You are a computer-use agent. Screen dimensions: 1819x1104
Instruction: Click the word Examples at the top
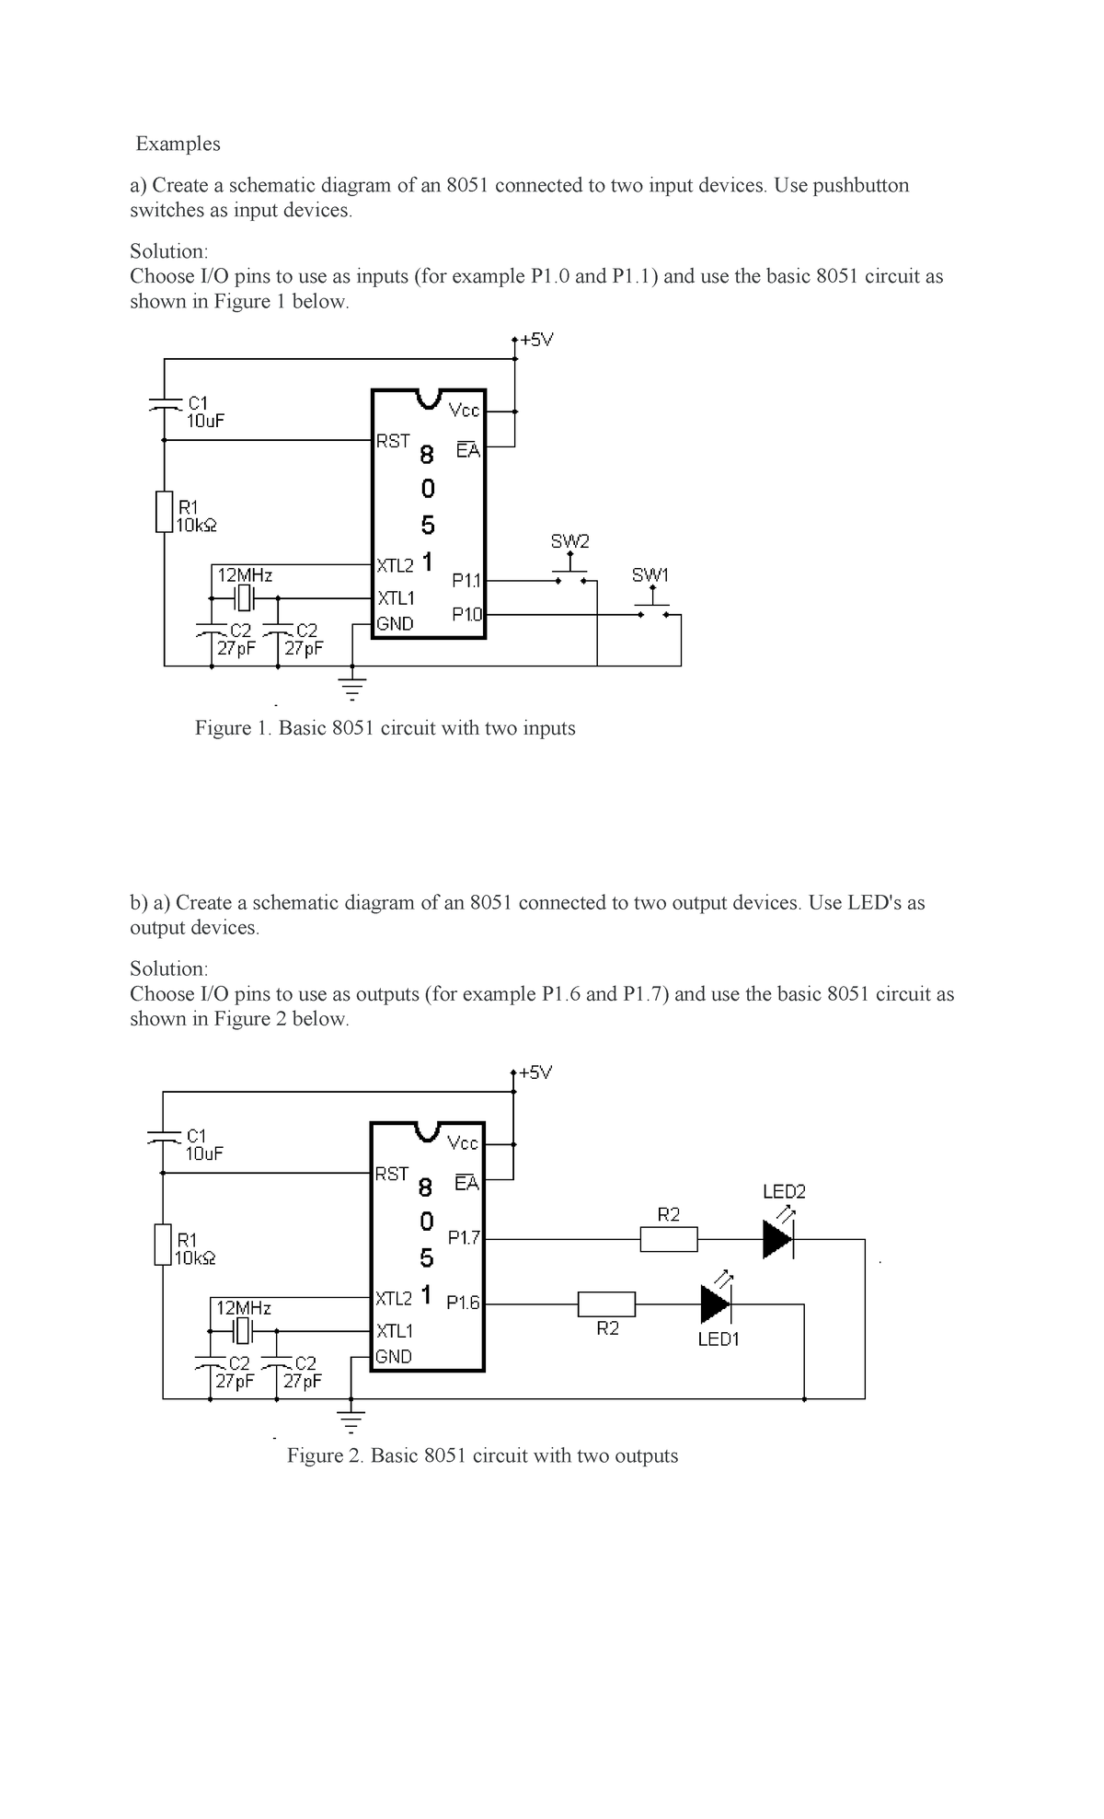178,144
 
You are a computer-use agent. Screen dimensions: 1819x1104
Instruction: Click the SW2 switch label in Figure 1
569,540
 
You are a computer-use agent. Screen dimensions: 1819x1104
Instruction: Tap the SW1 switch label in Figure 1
650,575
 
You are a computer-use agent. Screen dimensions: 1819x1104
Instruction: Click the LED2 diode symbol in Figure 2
777,1238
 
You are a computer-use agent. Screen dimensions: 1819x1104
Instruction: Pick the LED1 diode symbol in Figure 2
715,1304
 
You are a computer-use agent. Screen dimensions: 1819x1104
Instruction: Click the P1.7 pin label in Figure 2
465,1238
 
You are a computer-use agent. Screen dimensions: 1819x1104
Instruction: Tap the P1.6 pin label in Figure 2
464,1303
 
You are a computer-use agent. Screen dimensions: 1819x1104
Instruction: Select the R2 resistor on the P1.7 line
669,1239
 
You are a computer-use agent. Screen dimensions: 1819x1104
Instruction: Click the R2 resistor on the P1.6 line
606,1304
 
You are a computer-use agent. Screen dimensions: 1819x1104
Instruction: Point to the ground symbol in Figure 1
351,686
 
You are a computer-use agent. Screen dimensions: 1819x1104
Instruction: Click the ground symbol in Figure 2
351,1419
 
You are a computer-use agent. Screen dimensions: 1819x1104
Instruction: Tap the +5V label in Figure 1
535,340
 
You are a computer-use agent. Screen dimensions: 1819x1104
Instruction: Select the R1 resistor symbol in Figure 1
165,512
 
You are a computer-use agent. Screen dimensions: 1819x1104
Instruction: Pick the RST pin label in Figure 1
393,441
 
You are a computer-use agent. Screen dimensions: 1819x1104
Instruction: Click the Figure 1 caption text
385,728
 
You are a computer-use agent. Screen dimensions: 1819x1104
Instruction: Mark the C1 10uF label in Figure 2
202,1144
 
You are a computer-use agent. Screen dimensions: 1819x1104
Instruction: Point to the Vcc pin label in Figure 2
463,1143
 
